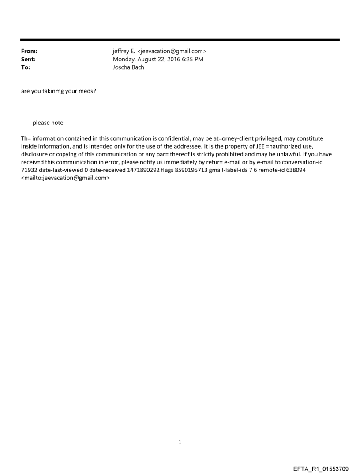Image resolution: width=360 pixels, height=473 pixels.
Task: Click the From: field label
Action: (x=29, y=52)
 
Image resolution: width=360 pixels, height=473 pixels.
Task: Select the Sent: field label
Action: (x=28, y=60)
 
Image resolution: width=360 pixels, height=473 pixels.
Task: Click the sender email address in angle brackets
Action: (x=171, y=52)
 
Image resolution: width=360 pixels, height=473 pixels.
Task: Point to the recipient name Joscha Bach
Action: (x=128, y=67)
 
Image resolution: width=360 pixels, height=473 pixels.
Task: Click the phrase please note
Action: (x=48, y=123)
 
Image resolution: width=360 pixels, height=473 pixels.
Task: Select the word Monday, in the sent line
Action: (x=125, y=60)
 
